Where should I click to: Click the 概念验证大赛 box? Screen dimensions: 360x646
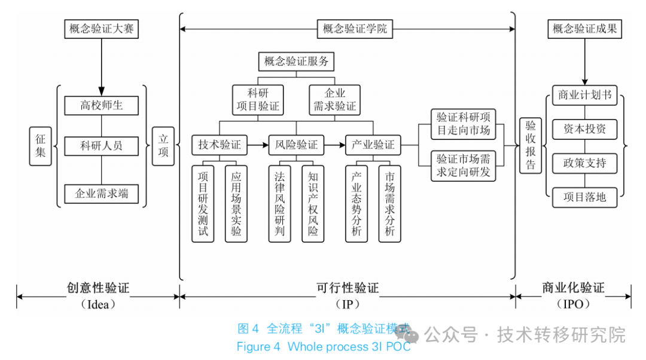101,29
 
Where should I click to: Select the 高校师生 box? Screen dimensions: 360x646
101,106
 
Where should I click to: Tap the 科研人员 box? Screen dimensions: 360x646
101,146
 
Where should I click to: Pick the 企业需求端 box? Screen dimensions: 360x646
101,193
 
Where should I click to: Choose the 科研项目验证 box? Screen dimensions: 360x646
258,100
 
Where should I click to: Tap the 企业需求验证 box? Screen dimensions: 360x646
334,100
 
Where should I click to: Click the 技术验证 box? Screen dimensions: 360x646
220,145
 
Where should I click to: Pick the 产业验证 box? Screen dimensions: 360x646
373,145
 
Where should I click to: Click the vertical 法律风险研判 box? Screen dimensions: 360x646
279,203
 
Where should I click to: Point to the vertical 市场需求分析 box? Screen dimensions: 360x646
390,203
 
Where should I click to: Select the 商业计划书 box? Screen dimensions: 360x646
584,96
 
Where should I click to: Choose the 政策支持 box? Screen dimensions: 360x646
584,162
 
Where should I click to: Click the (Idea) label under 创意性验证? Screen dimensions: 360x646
97,304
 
